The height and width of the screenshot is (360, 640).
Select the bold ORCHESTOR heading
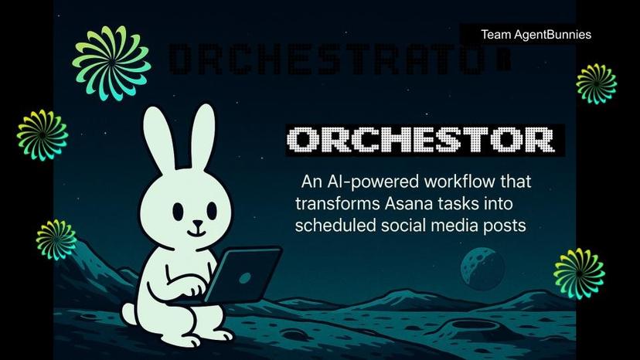pos(421,140)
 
